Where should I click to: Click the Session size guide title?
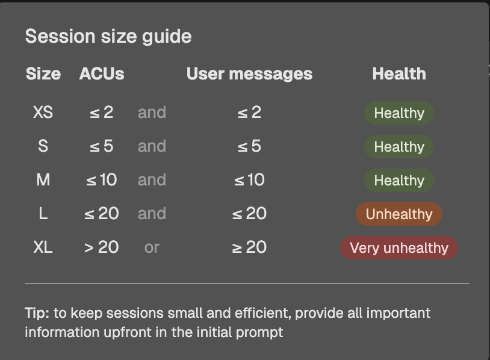[108, 37]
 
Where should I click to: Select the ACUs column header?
[102, 74]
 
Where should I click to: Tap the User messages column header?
[249, 75]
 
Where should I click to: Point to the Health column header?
[399, 74]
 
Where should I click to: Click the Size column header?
[43, 74]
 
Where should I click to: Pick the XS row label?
[43, 112]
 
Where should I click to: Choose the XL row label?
[43, 247]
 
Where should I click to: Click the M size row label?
[43, 179]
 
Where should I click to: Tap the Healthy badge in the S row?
[399, 146]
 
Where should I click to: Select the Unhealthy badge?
[399, 214]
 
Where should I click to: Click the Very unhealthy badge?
[399, 248]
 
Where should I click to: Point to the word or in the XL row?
[152, 248]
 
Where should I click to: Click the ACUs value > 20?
[102, 247]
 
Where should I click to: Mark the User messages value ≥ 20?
[249, 247]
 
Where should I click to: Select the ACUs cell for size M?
[102, 179]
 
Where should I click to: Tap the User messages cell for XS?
[249, 112]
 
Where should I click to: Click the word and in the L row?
[152, 214]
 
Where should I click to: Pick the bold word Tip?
[37, 313]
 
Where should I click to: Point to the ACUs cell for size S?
[102, 146]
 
